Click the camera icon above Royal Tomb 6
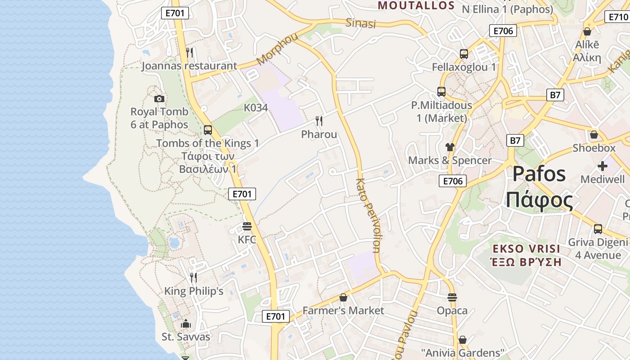tap(159, 99)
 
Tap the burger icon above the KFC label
tap(247, 226)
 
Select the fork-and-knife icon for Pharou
tap(319, 121)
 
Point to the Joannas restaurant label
tap(189, 66)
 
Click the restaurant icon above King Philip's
tap(193, 277)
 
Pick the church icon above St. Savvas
tap(185, 324)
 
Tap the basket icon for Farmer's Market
tap(343, 297)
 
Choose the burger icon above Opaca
tap(452, 297)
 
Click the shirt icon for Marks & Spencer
tap(450, 147)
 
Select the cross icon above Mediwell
tap(602, 166)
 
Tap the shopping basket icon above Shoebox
tap(594, 135)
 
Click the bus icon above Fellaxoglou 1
tap(464, 54)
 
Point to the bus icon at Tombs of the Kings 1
tap(207, 130)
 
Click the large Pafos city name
tap(539, 173)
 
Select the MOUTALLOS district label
tap(416, 5)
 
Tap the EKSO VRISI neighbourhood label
tap(526, 249)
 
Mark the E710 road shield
tap(618, 17)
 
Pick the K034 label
tap(256, 108)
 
